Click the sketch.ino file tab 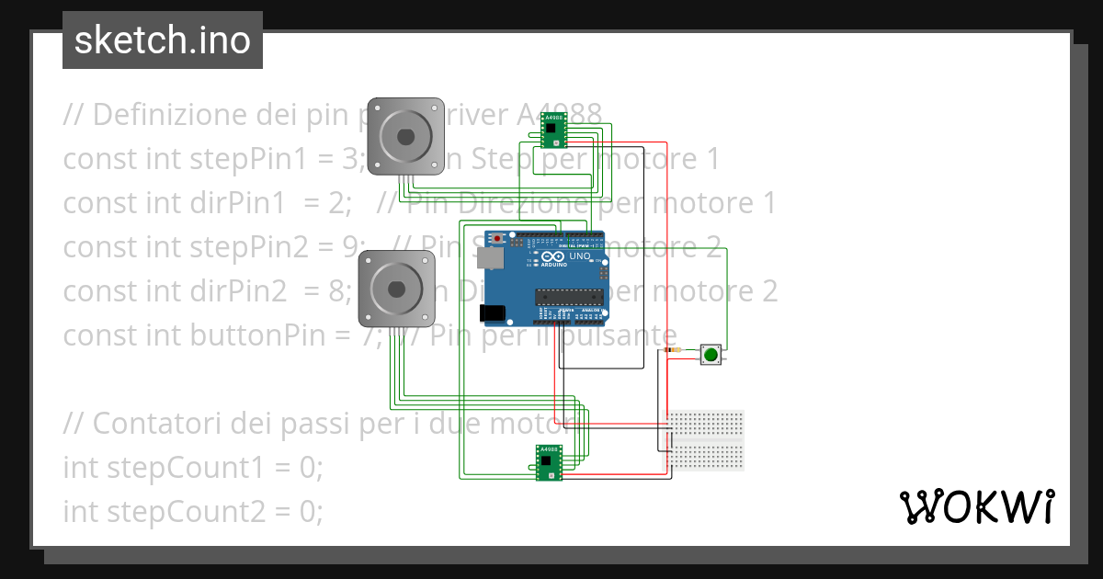(x=163, y=40)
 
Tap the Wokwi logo (x=976, y=506)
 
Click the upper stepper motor (x=405, y=136)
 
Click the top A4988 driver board (x=552, y=130)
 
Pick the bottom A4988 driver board (x=550, y=462)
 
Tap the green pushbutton (x=711, y=354)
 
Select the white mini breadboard (x=706, y=439)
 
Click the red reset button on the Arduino (x=498, y=239)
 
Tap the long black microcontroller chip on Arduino (x=570, y=296)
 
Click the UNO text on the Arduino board (x=580, y=257)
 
